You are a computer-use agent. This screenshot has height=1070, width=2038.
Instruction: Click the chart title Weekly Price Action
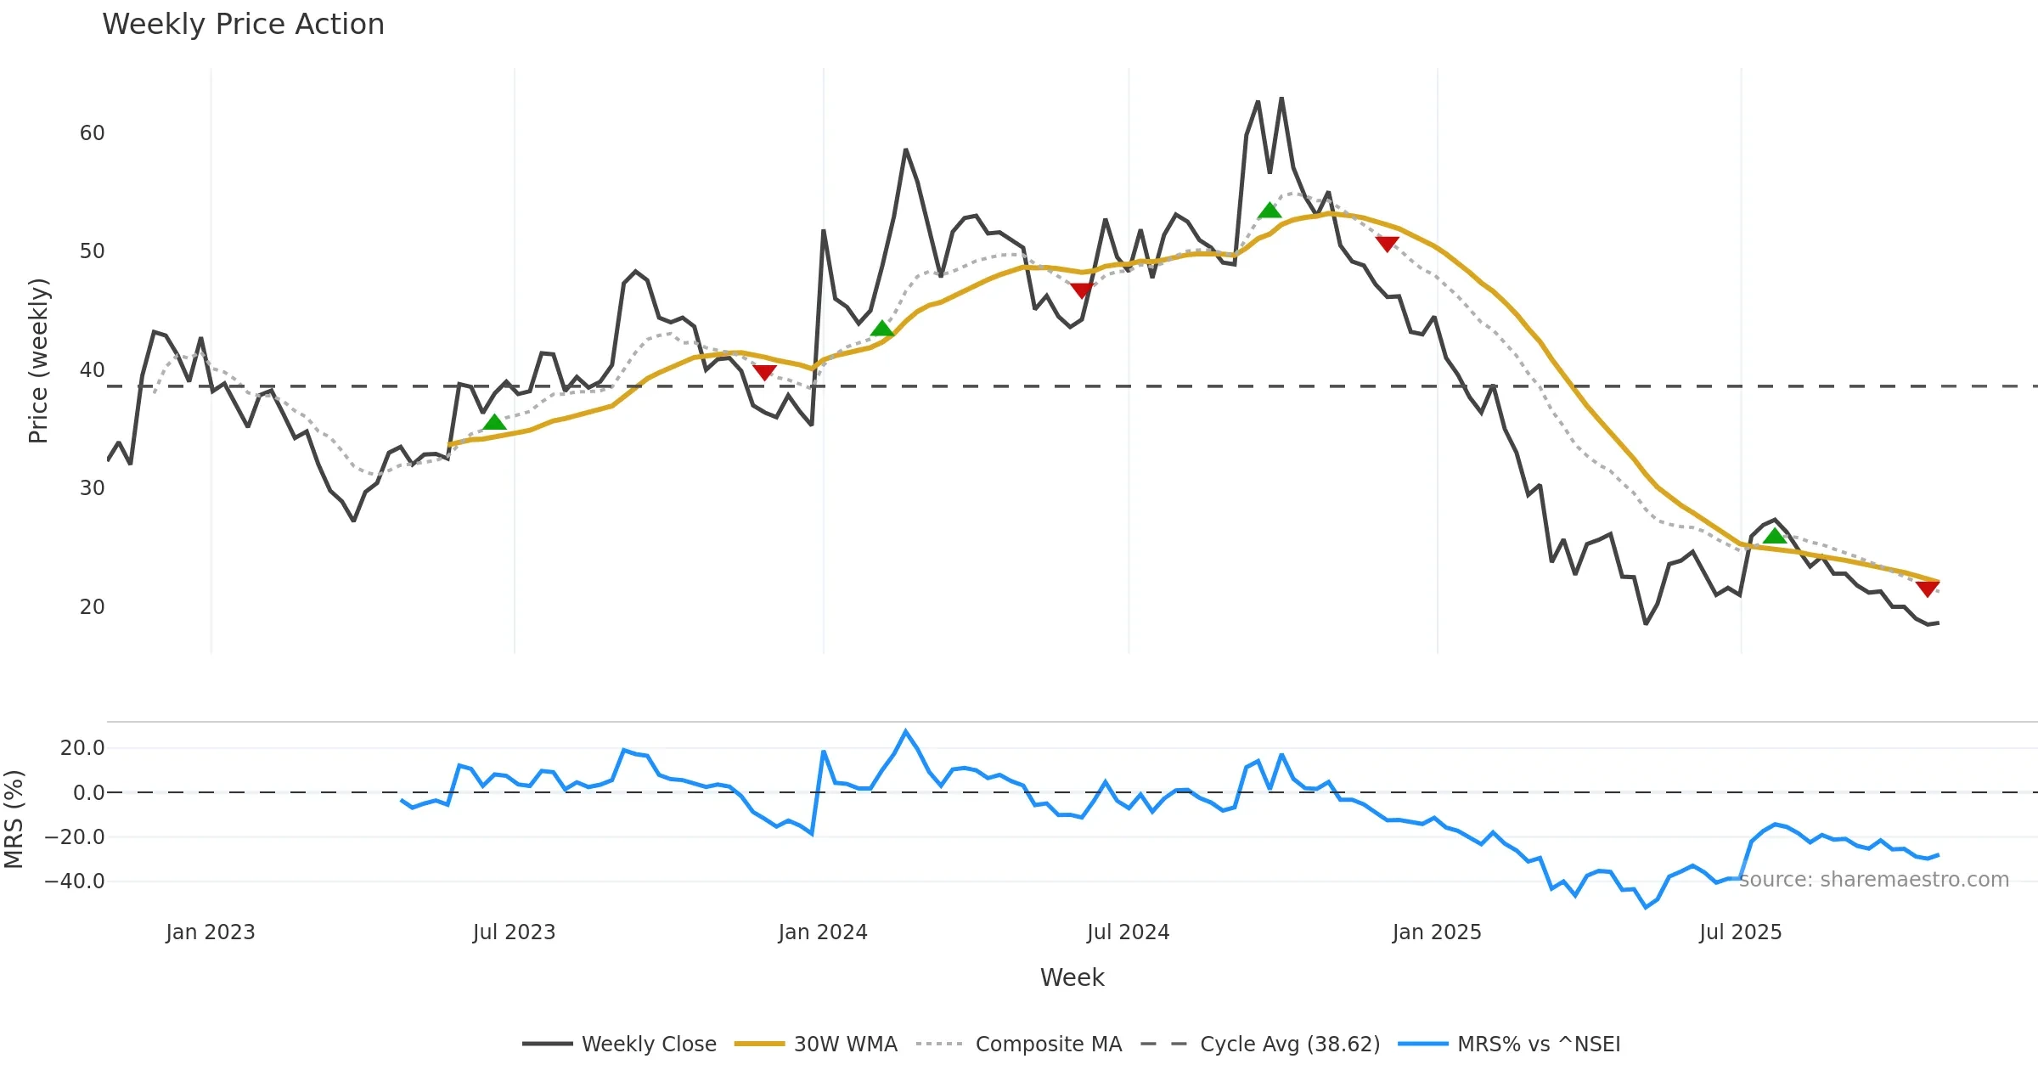[x=243, y=25]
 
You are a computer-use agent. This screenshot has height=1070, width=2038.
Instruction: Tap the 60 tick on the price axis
[x=92, y=133]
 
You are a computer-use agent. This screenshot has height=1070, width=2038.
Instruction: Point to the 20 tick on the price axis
[x=92, y=607]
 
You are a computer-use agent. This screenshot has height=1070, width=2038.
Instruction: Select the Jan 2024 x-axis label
[x=822, y=932]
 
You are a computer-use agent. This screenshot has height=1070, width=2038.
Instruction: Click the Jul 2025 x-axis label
[x=1740, y=932]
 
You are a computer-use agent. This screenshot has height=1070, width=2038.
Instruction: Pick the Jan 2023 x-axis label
[x=210, y=932]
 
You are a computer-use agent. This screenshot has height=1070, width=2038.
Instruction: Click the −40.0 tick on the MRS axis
[x=75, y=881]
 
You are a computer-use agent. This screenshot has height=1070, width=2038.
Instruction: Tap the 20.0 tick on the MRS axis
[x=82, y=748]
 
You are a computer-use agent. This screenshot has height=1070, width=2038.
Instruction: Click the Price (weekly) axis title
[x=38, y=361]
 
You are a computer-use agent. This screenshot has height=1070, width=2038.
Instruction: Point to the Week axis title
[x=1072, y=978]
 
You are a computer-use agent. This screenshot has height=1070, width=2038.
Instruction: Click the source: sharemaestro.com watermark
[x=1873, y=880]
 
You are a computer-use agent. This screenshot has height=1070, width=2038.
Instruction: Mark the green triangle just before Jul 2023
[x=494, y=422]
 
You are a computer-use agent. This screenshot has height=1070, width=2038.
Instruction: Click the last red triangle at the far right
[x=1928, y=588]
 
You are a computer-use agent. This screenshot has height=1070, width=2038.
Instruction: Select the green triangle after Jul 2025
[x=1775, y=536]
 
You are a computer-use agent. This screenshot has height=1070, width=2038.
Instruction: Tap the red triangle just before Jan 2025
[x=1387, y=245]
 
